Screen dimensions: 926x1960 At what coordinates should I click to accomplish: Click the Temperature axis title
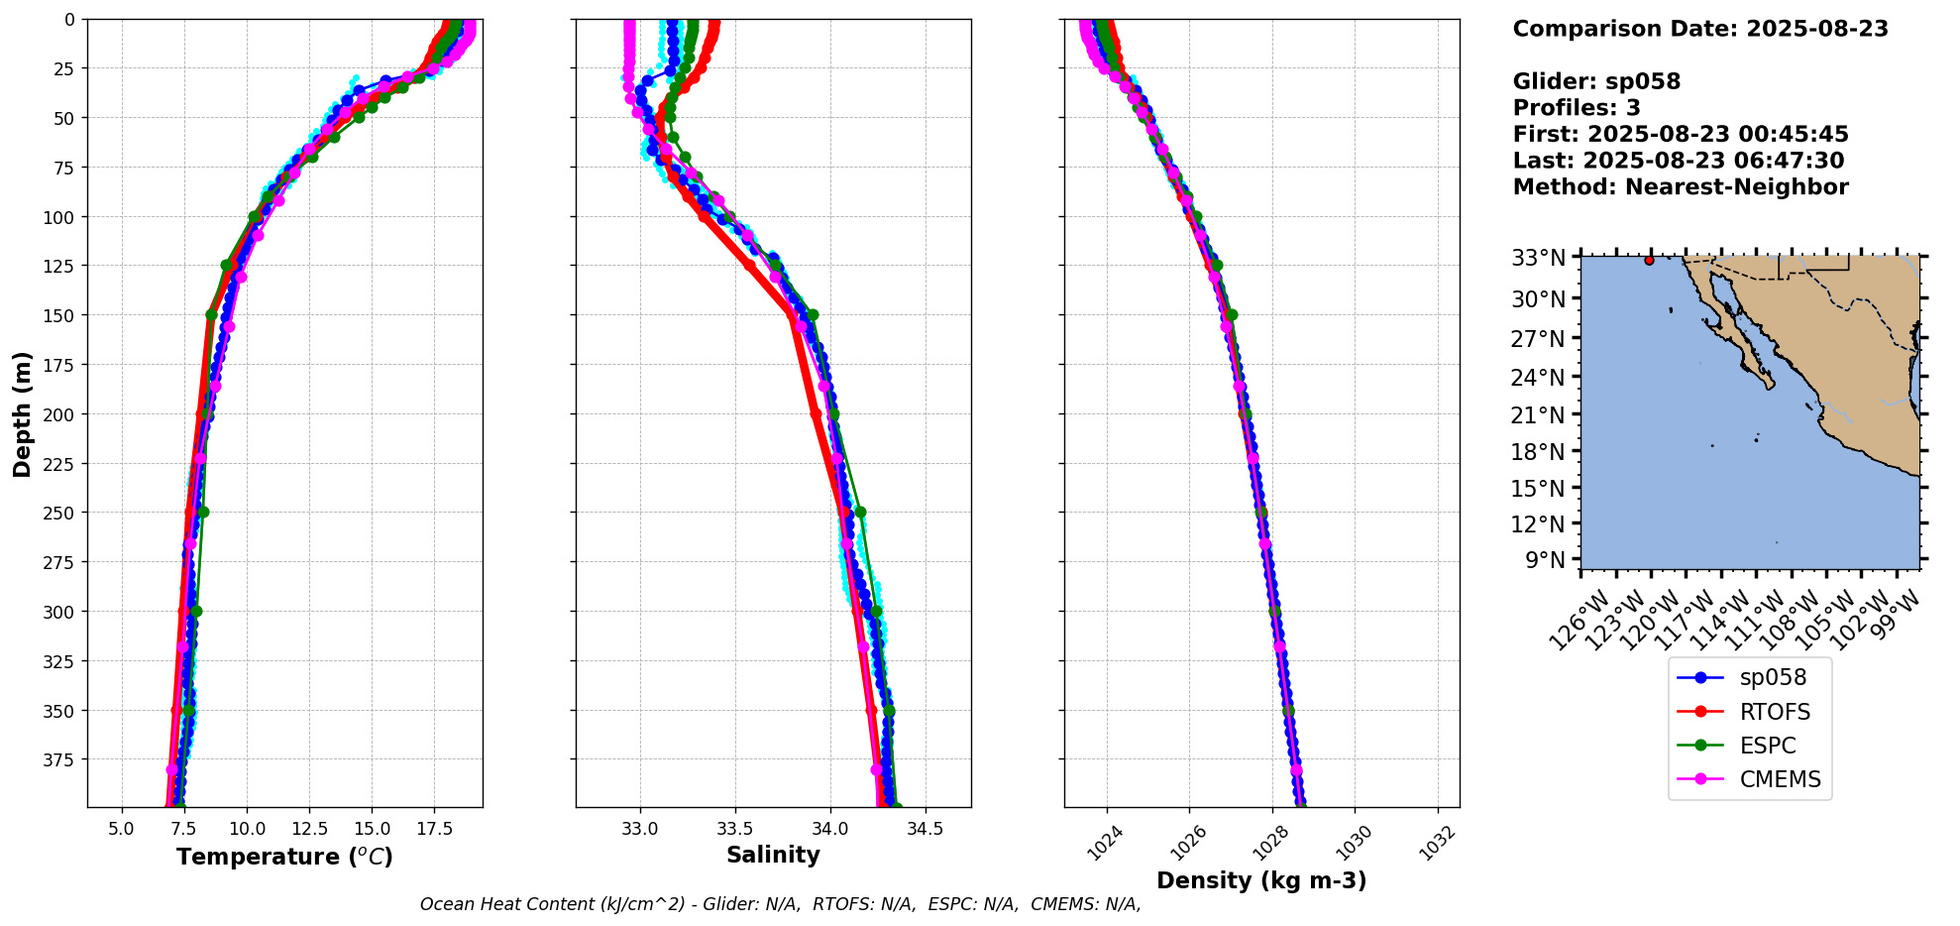point(284,857)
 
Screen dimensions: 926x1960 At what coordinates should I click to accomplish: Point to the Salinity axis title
point(773,856)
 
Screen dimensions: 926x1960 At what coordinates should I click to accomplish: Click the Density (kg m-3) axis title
point(1261,880)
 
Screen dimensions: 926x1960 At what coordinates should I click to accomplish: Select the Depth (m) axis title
point(22,413)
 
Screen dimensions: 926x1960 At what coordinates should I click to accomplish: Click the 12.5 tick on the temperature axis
point(309,828)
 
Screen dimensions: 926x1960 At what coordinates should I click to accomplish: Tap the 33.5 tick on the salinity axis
point(734,828)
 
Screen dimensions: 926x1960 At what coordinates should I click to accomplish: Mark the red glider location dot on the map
point(1649,260)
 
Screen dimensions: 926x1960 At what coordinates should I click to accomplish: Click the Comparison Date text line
point(1700,29)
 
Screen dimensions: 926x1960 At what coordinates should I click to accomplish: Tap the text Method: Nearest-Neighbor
point(1681,187)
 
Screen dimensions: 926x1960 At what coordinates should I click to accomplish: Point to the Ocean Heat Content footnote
point(780,904)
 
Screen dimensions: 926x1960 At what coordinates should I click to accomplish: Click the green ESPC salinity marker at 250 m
point(860,513)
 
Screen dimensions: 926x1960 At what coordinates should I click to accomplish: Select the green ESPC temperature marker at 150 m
point(211,315)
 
